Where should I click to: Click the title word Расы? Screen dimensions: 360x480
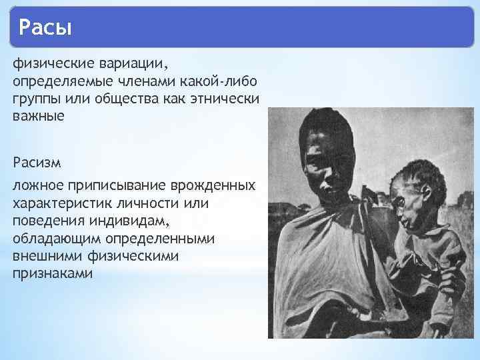[x=45, y=28]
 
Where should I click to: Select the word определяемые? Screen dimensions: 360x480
[x=60, y=81]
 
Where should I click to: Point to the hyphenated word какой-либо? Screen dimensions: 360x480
[x=224, y=81]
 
